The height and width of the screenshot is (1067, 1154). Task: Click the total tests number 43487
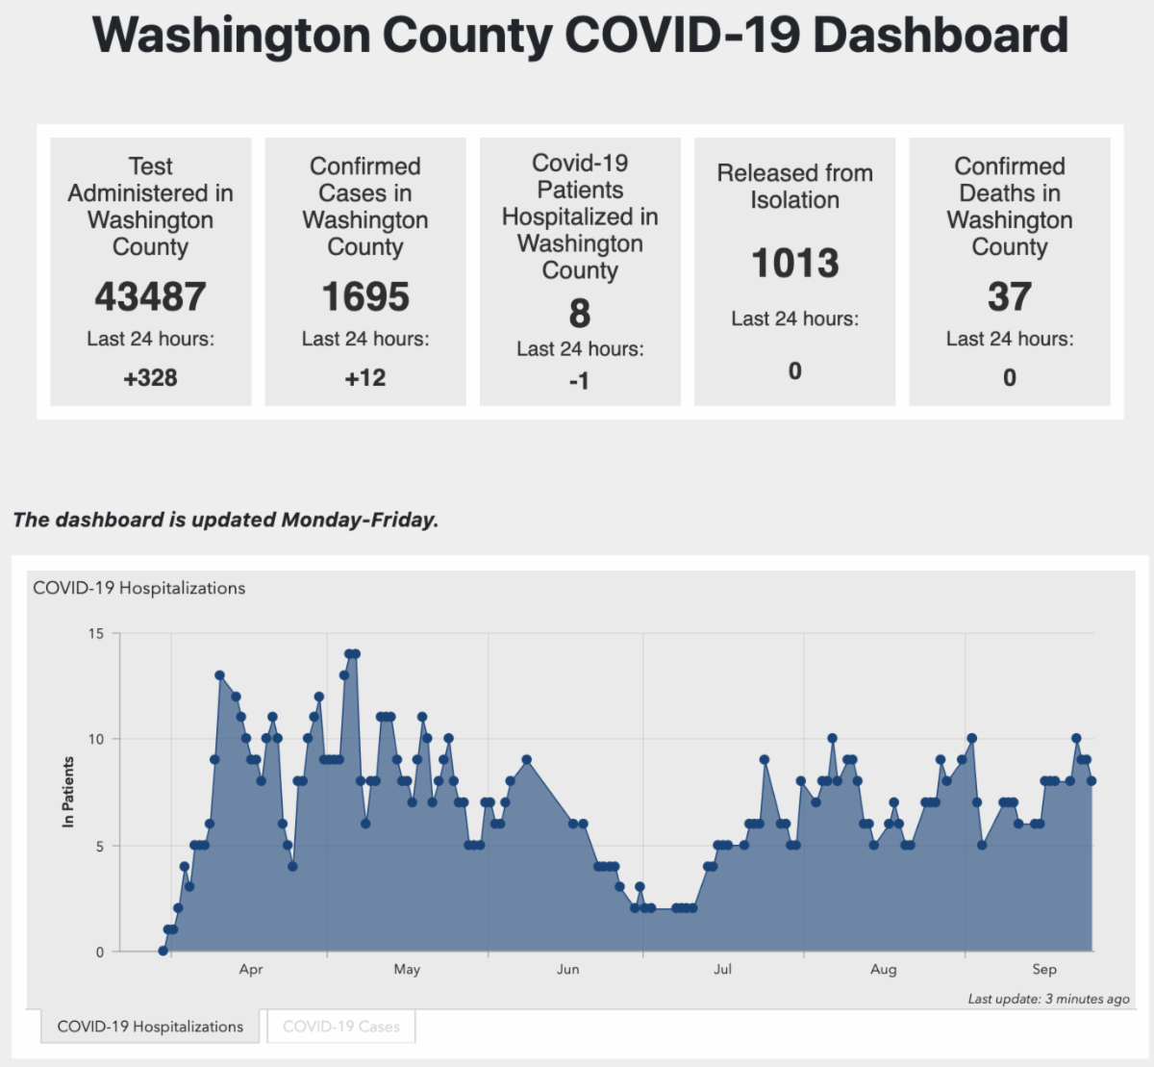click(150, 297)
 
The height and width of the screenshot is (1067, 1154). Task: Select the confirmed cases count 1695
click(365, 297)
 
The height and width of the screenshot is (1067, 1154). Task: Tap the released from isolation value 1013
click(794, 264)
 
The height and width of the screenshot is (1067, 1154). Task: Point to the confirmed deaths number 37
click(1009, 297)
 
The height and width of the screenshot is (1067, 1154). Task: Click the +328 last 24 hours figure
click(150, 378)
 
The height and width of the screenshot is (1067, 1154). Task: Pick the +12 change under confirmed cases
click(365, 378)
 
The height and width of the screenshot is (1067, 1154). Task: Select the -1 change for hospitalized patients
click(579, 382)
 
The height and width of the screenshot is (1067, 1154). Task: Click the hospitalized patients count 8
click(579, 314)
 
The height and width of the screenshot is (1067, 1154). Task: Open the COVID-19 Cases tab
click(340, 1027)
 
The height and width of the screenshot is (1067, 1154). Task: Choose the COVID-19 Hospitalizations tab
click(150, 1027)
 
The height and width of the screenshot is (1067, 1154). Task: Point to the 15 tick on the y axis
click(96, 633)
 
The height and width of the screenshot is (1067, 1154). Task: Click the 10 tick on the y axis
click(96, 739)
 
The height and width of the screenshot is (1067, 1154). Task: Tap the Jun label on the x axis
click(568, 969)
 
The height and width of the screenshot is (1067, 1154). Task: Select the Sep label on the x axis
click(1044, 969)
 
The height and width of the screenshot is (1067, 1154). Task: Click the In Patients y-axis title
click(68, 792)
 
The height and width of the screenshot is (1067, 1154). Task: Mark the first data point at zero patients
click(163, 951)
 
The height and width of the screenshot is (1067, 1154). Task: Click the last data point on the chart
click(1091, 781)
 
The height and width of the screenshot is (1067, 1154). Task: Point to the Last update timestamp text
click(1048, 999)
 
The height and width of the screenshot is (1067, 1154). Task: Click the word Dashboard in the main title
click(941, 35)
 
